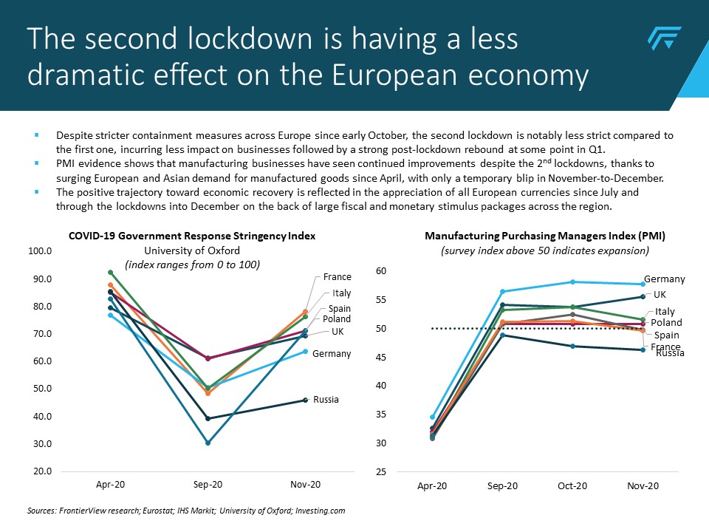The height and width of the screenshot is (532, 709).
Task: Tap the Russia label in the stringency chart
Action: pyautogui.click(x=326, y=400)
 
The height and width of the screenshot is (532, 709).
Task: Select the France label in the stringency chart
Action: pyautogui.click(x=337, y=277)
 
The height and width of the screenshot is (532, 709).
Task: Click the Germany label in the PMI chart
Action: pyautogui.click(x=665, y=279)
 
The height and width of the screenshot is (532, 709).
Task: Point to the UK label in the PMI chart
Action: pyautogui.click(x=660, y=294)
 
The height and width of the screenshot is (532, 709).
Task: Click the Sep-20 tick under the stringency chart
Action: pyautogui.click(x=208, y=485)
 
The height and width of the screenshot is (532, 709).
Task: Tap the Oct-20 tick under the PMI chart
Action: pyautogui.click(x=572, y=486)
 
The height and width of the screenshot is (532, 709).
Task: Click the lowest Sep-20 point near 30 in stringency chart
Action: pyautogui.click(x=208, y=443)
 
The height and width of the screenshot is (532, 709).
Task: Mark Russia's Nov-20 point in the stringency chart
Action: pyautogui.click(x=306, y=400)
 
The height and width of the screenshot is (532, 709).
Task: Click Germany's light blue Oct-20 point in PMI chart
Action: pyautogui.click(x=572, y=282)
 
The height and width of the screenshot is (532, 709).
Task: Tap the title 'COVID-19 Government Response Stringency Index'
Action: pyautogui.click(x=192, y=236)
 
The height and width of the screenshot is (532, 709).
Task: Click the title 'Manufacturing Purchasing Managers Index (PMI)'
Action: pyautogui.click(x=545, y=236)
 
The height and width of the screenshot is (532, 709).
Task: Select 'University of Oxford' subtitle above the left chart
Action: pyautogui.click(x=192, y=250)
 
